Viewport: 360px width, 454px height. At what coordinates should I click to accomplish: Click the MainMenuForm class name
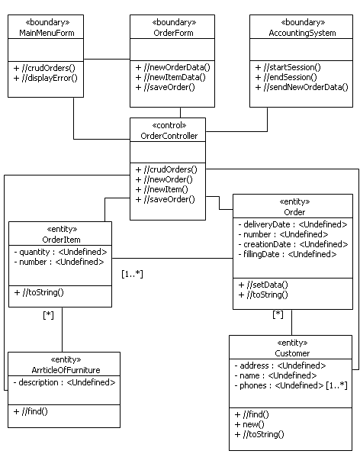click(x=45, y=33)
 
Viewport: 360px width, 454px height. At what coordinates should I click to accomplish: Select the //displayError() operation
click(x=45, y=77)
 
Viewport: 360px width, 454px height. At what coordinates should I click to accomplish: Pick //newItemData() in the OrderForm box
click(x=172, y=77)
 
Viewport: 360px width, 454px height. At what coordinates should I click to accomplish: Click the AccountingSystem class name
click(x=302, y=33)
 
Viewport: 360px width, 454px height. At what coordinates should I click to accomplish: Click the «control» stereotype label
click(x=168, y=125)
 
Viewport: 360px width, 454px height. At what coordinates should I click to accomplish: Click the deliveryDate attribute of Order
click(x=293, y=224)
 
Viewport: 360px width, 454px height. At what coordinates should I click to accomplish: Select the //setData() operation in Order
click(x=263, y=284)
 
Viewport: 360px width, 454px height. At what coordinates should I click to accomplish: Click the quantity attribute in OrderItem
click(x=61, y=252)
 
